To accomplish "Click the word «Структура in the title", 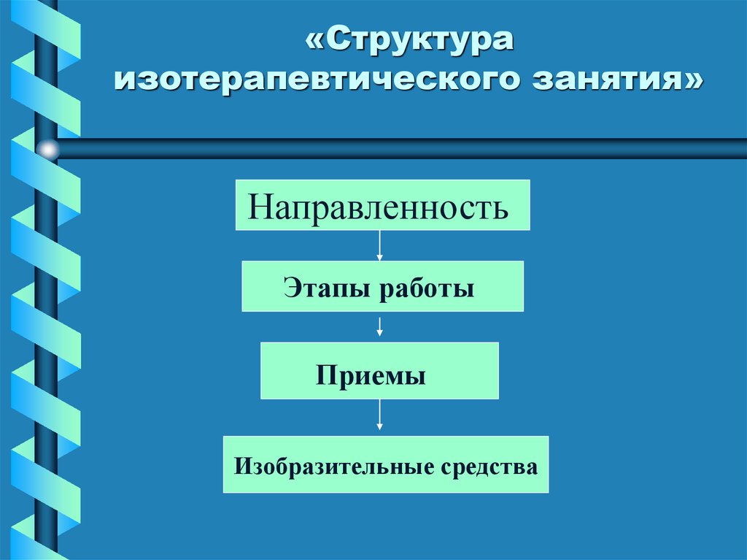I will click(410, 41).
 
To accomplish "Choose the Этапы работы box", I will click(382, 287).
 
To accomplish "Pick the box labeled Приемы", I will click(379, 371).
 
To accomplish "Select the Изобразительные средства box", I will click(386, 464).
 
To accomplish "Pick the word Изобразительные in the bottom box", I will click(335, 466).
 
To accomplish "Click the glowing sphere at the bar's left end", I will click(47, 150).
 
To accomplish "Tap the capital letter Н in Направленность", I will click(258, 207).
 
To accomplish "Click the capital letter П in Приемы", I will click(325, 377).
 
